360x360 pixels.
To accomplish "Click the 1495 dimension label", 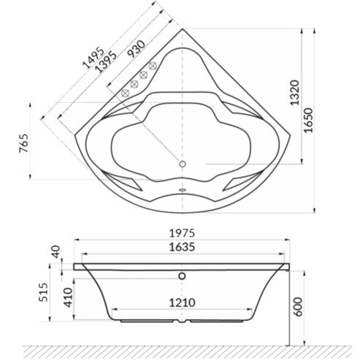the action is click(x=93, y=58).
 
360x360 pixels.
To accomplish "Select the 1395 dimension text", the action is click(x=105, y=62).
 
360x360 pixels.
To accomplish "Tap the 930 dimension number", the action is click(x=137, y=49).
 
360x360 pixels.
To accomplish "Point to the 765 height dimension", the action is click(x=24, y=143).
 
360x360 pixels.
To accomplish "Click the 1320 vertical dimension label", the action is click(x=295, y=93).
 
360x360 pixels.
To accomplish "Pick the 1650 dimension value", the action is click(x=309, y=120).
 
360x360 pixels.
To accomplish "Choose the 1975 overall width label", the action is click(x=182, y=233).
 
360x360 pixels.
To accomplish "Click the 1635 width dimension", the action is click(x=182, y=247).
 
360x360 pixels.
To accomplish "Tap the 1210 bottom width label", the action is click(x=182, y=303).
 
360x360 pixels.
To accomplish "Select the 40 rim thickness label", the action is click(x=56, y=252).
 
